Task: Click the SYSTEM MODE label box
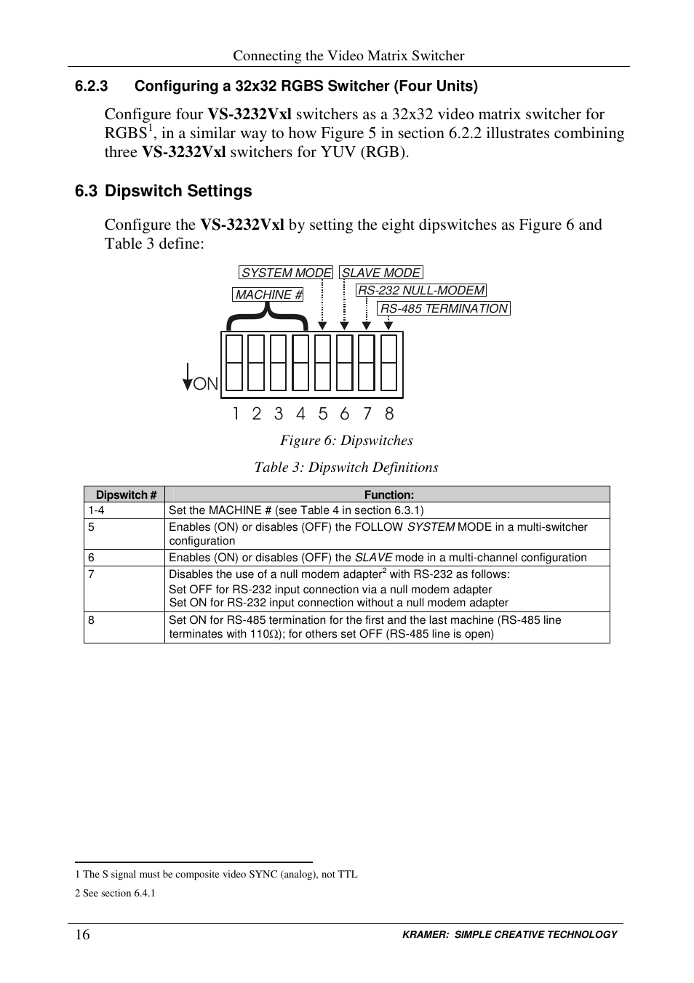point(285,273)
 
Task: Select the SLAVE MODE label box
point(380,273)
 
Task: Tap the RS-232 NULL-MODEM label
point(421,290)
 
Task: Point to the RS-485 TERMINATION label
point(444,308)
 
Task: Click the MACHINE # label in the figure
point(268,294)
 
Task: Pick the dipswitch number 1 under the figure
point(236,414)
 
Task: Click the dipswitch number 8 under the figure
point(389,414)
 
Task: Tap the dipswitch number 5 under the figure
point(323,414)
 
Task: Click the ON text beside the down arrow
point(206,384)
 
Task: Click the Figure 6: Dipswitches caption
point(346,441)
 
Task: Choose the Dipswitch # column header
point(126,495)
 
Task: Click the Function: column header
point(388,495)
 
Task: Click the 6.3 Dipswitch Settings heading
point(163,191)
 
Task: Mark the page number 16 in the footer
point(82,934)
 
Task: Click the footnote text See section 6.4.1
point(119,893)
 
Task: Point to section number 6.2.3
point(91,87)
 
